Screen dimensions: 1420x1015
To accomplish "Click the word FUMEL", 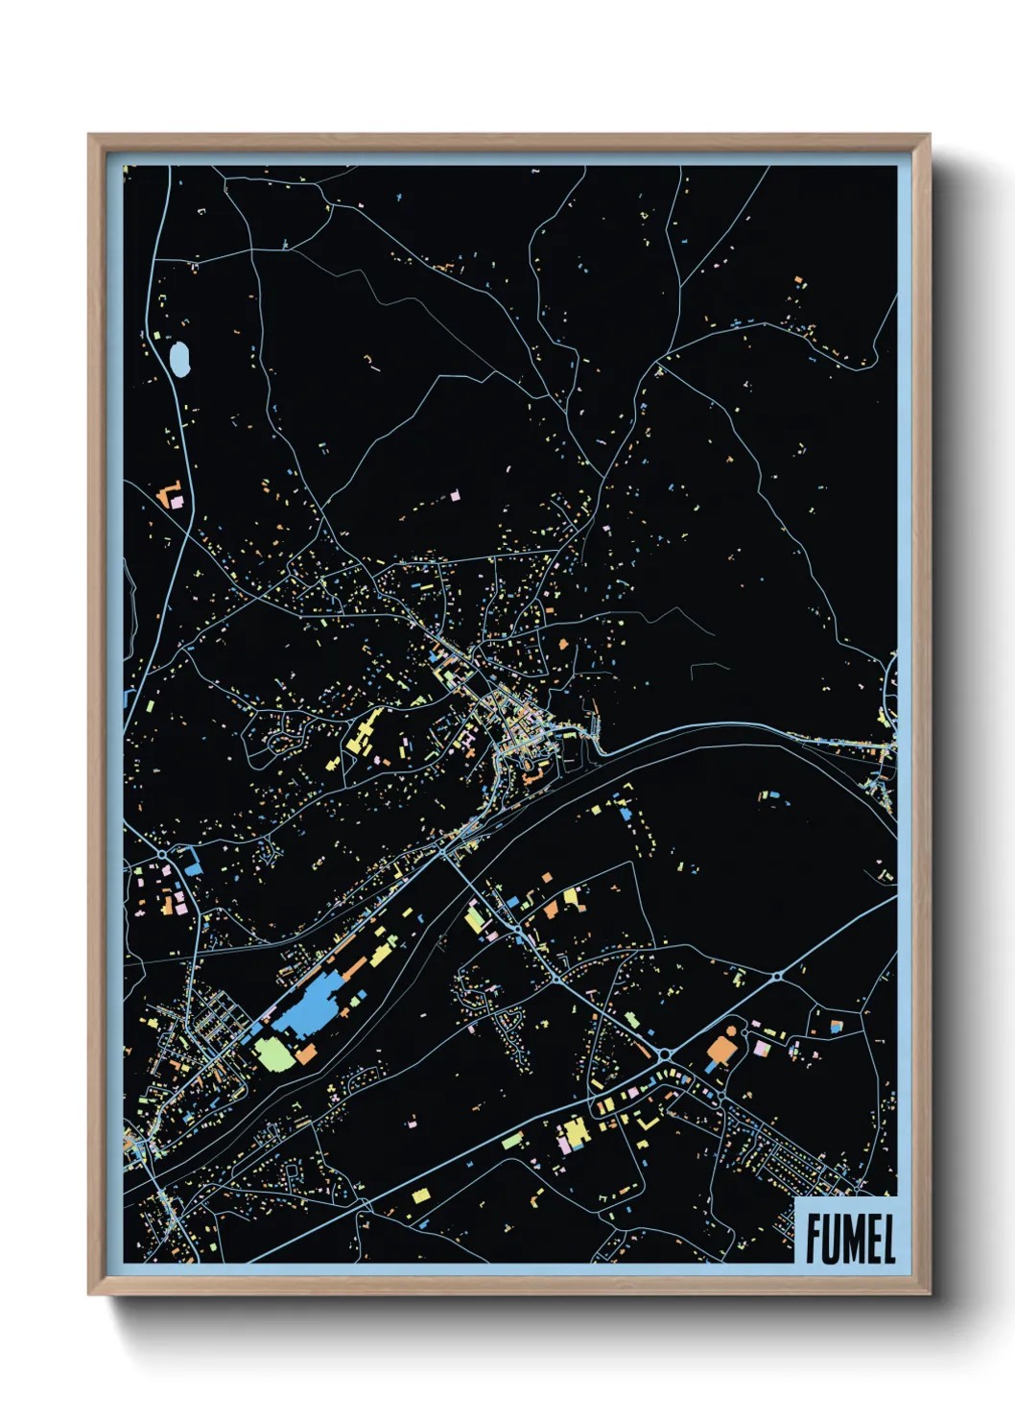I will coord(850,1239).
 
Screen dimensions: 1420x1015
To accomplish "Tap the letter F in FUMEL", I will coord(814,1239).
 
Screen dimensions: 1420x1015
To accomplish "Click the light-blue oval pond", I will coord(178,359).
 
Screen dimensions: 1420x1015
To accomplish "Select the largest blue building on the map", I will coord(305,1006).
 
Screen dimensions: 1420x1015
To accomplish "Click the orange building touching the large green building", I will coord(305,1053).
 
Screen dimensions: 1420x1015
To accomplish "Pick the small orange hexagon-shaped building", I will coord(732,1030).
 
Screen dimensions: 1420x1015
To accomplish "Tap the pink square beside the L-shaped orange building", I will coord(177,501).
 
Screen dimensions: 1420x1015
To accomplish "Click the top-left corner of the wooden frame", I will coord(89,135).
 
